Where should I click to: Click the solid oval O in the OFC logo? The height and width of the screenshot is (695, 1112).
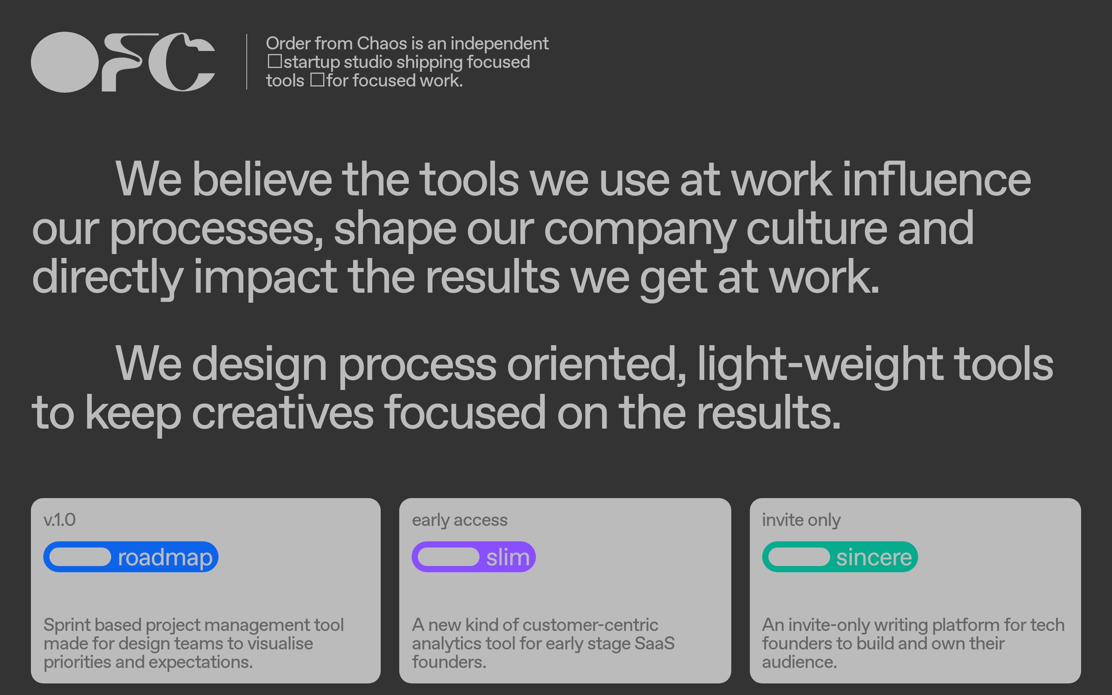(x=65, y=62)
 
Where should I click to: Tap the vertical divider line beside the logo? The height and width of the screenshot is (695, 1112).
(x=247, y=62)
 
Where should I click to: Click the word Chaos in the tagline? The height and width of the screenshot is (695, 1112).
(x=382, y=43)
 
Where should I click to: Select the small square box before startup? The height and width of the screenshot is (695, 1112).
(x=275, y=61)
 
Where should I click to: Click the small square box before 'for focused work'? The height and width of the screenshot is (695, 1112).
(x=317, y=80)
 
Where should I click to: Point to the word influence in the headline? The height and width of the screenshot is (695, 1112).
(x=936, y=179)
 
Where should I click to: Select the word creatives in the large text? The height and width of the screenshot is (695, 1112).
(x=283, y=413)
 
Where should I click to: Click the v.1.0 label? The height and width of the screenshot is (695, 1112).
(x=60, y=520)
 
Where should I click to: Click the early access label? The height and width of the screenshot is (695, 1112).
(x=459, y=520)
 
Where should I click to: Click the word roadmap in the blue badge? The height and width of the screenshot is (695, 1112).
(x=165, y=558)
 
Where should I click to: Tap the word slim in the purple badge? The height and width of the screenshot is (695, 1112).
(x=508, y=557)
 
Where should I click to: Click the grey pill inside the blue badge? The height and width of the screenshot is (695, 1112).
(x=80, y=557)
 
